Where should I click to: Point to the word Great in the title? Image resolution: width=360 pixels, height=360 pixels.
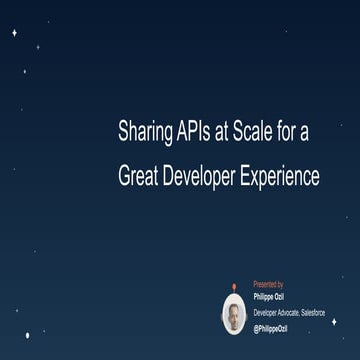(139, 177)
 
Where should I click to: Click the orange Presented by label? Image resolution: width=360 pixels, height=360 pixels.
(268, 284)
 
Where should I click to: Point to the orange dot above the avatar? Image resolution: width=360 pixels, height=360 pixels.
(234, 286)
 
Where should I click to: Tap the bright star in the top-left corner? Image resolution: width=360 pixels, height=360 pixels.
(14, 33)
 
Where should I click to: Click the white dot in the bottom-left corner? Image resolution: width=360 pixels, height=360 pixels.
(27, 335)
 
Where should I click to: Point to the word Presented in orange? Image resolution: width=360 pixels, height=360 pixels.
(263, 284)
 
